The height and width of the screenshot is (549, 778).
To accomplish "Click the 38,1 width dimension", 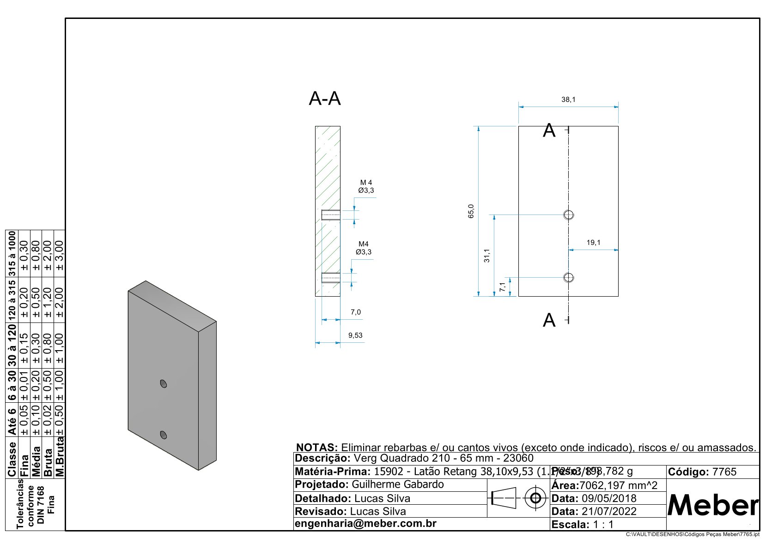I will point(568,100).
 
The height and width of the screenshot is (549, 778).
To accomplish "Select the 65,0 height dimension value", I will point(471,211).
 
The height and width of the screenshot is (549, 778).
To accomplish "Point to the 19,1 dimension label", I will point(593,243).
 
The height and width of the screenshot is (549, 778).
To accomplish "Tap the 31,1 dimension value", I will point(486,255).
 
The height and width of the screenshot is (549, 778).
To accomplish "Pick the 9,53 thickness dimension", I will point(355,335).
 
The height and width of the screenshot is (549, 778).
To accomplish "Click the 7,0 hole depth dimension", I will point(355,312).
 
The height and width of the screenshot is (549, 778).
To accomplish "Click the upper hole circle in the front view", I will point(568,215).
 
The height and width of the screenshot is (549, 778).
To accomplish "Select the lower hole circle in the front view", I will point(568,277).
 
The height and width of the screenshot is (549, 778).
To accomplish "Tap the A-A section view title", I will point(324,99).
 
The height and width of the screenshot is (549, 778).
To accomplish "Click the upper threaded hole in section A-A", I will point(330,215).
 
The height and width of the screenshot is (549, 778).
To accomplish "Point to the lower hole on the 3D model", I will point(163,434).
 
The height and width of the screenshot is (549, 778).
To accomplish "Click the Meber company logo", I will point(712,506).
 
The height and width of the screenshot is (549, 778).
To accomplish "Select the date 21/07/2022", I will point(609,511).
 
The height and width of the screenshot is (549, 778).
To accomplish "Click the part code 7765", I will point(724,472).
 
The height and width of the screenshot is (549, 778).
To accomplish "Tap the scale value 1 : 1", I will point(603,525).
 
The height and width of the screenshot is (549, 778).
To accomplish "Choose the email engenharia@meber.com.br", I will point(365,524).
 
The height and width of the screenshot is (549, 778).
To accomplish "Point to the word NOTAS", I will point(317,448).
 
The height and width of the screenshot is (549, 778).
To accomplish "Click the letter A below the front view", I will point(549,320).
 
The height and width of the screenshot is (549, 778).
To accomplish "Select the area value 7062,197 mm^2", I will point(618,485).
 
